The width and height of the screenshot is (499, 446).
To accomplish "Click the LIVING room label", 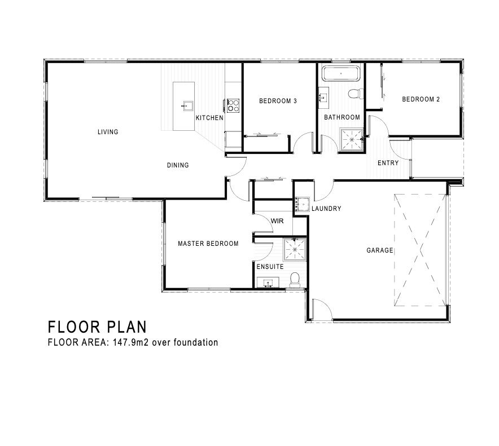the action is click(108, 131).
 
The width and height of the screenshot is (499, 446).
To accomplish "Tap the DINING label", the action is click(178, 165).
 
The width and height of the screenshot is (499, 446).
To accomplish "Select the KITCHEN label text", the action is click(209, 118).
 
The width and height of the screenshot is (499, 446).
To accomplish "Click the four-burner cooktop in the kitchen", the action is click(233, 105).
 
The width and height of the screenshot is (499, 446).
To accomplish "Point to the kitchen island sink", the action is click(188, 105).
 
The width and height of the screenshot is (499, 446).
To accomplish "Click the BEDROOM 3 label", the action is click(278, 101).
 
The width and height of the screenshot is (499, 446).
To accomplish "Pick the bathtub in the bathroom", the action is click(341, 73).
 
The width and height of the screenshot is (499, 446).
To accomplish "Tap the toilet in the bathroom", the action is click(355, 94).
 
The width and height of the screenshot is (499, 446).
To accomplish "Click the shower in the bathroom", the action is click(352, 139).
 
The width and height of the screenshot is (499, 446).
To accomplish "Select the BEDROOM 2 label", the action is click(421, 99).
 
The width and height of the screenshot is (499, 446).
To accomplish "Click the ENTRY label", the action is click(388, 163).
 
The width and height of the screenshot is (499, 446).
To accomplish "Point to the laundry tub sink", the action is click(302, 204).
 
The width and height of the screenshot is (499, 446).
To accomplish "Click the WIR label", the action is click(277, 221).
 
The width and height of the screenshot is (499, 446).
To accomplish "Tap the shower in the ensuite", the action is click(294, 249).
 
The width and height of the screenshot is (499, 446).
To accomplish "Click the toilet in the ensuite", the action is click(295, 280).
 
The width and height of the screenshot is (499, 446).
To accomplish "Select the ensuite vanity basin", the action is click(268, 282).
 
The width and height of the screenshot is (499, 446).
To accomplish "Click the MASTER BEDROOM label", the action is click(208, 244).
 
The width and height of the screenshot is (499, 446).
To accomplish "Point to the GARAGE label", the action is click(380, 250).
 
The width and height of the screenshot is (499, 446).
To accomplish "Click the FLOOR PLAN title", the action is click(98, 327).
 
